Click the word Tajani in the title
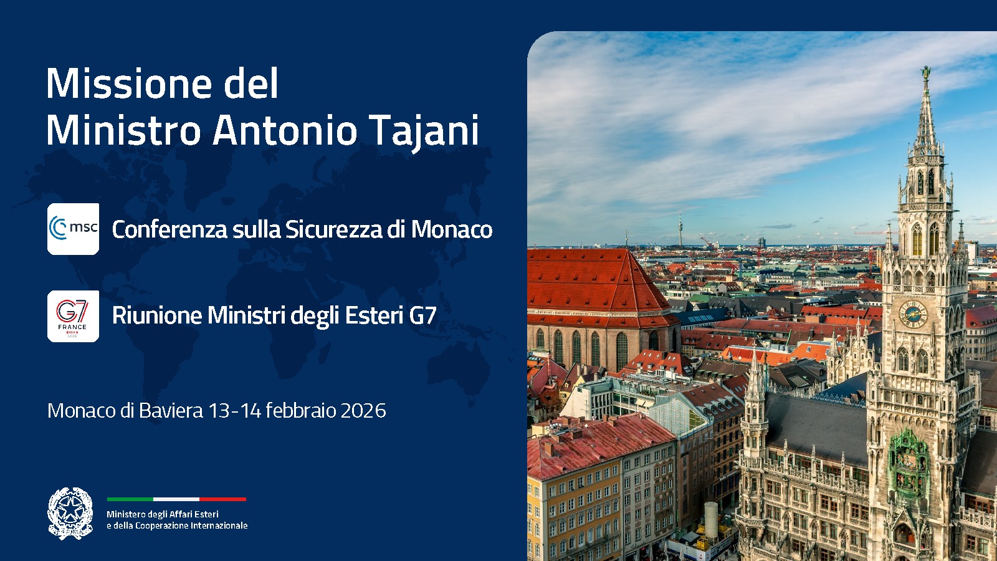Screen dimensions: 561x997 424,131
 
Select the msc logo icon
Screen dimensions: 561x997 73,229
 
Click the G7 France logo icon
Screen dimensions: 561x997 73,316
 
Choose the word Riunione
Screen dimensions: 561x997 157,315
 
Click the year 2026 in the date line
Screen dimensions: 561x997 363,410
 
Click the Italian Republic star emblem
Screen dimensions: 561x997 70,513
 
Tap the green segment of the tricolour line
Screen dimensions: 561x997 130,499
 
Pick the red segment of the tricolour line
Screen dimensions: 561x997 222,499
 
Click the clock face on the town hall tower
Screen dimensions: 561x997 913,314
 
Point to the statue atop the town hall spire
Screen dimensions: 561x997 927,73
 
